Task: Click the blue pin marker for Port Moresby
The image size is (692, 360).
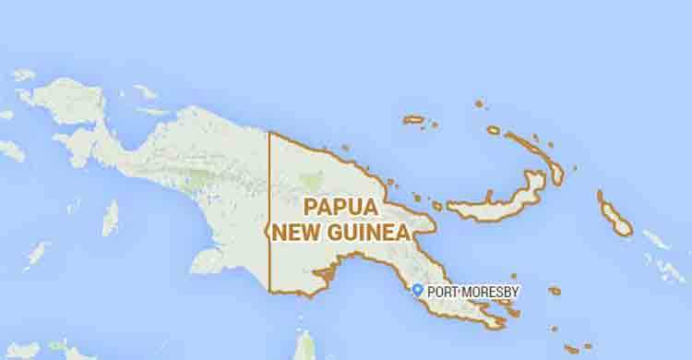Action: click(x=417, y=291)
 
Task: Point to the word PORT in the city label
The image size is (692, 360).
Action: click(x=443, y=292)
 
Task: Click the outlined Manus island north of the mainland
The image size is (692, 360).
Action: click(x=414, y=119)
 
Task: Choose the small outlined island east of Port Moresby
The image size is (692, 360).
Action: click(x=554, y=291)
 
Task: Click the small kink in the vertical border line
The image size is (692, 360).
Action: click(x=268, y=226)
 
